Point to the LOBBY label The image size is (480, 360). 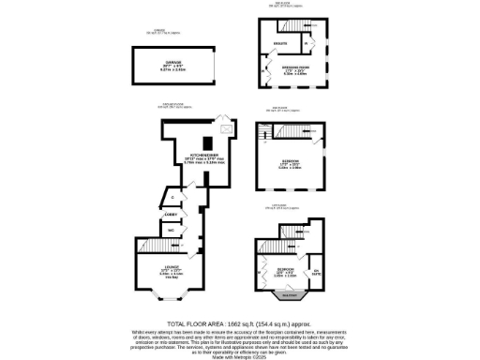pyautogui.click(x=171, y=215)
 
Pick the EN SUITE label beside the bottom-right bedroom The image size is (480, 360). pyautogui.click(x=316, y=273)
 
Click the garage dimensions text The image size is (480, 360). pyautogui.click(x=167, y=68)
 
